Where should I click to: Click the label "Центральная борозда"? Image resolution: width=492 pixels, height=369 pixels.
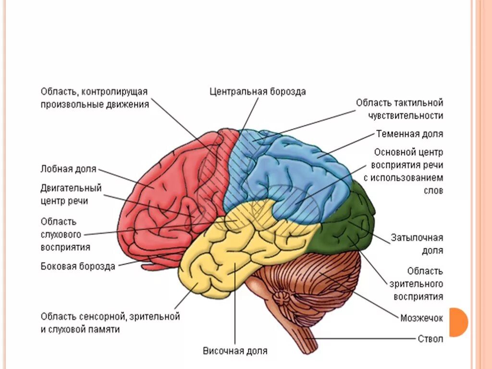coord(258,91)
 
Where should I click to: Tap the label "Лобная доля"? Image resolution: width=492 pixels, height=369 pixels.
coord(69,169)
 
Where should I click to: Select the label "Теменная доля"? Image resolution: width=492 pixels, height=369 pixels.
coord(409,134)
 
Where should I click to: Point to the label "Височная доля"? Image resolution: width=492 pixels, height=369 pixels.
coord(234,351)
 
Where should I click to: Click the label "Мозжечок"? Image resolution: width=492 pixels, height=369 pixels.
coord(421,318)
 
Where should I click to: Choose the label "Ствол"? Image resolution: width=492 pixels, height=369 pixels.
coord(430,339)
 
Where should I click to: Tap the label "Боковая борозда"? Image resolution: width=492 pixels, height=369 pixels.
coord(78,266)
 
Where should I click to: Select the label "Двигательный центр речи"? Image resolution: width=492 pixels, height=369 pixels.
coord(71,194)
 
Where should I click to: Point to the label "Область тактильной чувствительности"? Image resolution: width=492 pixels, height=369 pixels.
coord(399,109)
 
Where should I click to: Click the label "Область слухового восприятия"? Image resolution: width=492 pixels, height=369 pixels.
coord(65,234)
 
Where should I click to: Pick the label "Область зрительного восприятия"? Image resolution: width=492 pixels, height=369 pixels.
coord(418,283)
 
